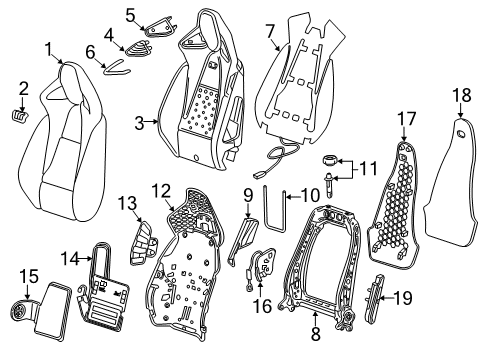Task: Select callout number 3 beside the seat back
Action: tap(140, 123)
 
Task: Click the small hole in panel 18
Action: tap(458, 133)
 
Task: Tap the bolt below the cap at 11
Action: tap(330, 180)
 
